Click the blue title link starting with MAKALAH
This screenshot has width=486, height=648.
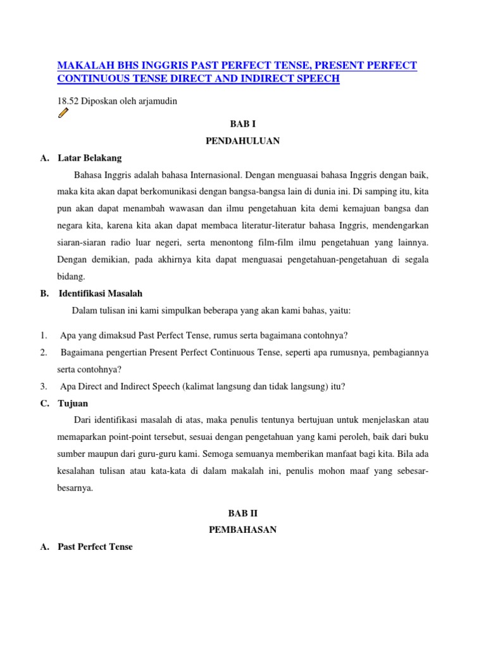tap(237, 72)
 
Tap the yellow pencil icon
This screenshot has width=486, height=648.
tap(63, 113)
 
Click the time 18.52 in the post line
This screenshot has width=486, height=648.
tap(68, 101)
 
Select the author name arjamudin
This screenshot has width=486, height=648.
tap(158, 101)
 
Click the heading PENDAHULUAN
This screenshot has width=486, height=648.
tap(242, 141)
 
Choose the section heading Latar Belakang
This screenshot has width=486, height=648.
tap(89, 158)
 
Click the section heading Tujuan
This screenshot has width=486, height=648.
tap(73, 403)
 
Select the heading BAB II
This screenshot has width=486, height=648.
tap(242, 513)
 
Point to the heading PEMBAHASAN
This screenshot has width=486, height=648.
tap(242, 530)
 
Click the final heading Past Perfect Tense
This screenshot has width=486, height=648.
tap(95, 546)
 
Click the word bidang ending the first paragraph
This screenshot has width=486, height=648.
tap(70, 277)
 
